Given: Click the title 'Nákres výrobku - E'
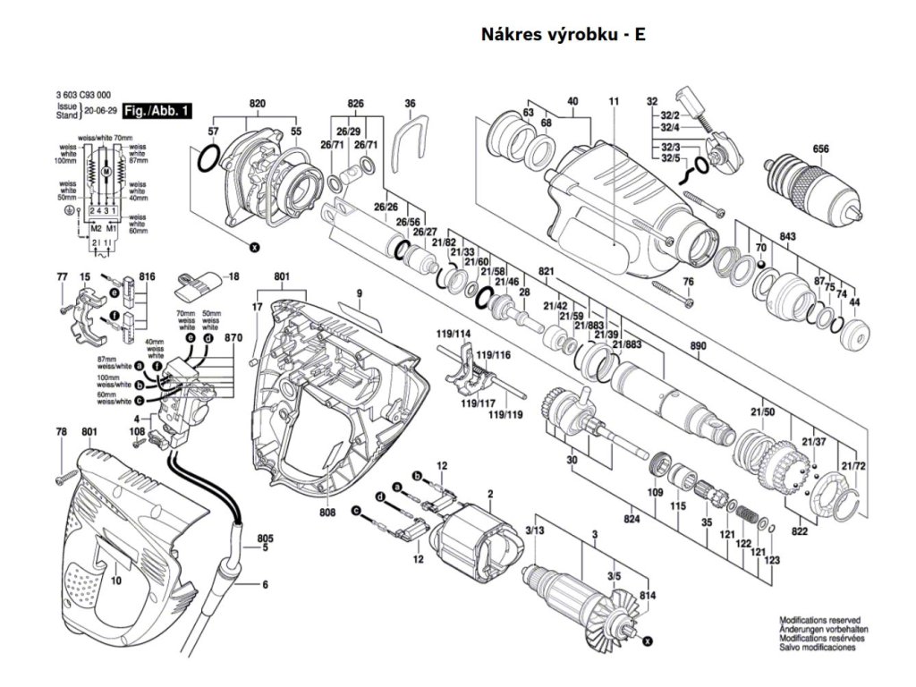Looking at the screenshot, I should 563,35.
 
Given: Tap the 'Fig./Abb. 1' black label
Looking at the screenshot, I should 157,111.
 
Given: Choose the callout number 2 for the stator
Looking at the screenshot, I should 489,494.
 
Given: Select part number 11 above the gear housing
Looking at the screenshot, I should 614,102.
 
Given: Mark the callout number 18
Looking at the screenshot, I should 233,277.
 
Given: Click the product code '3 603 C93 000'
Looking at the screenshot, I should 82,94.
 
